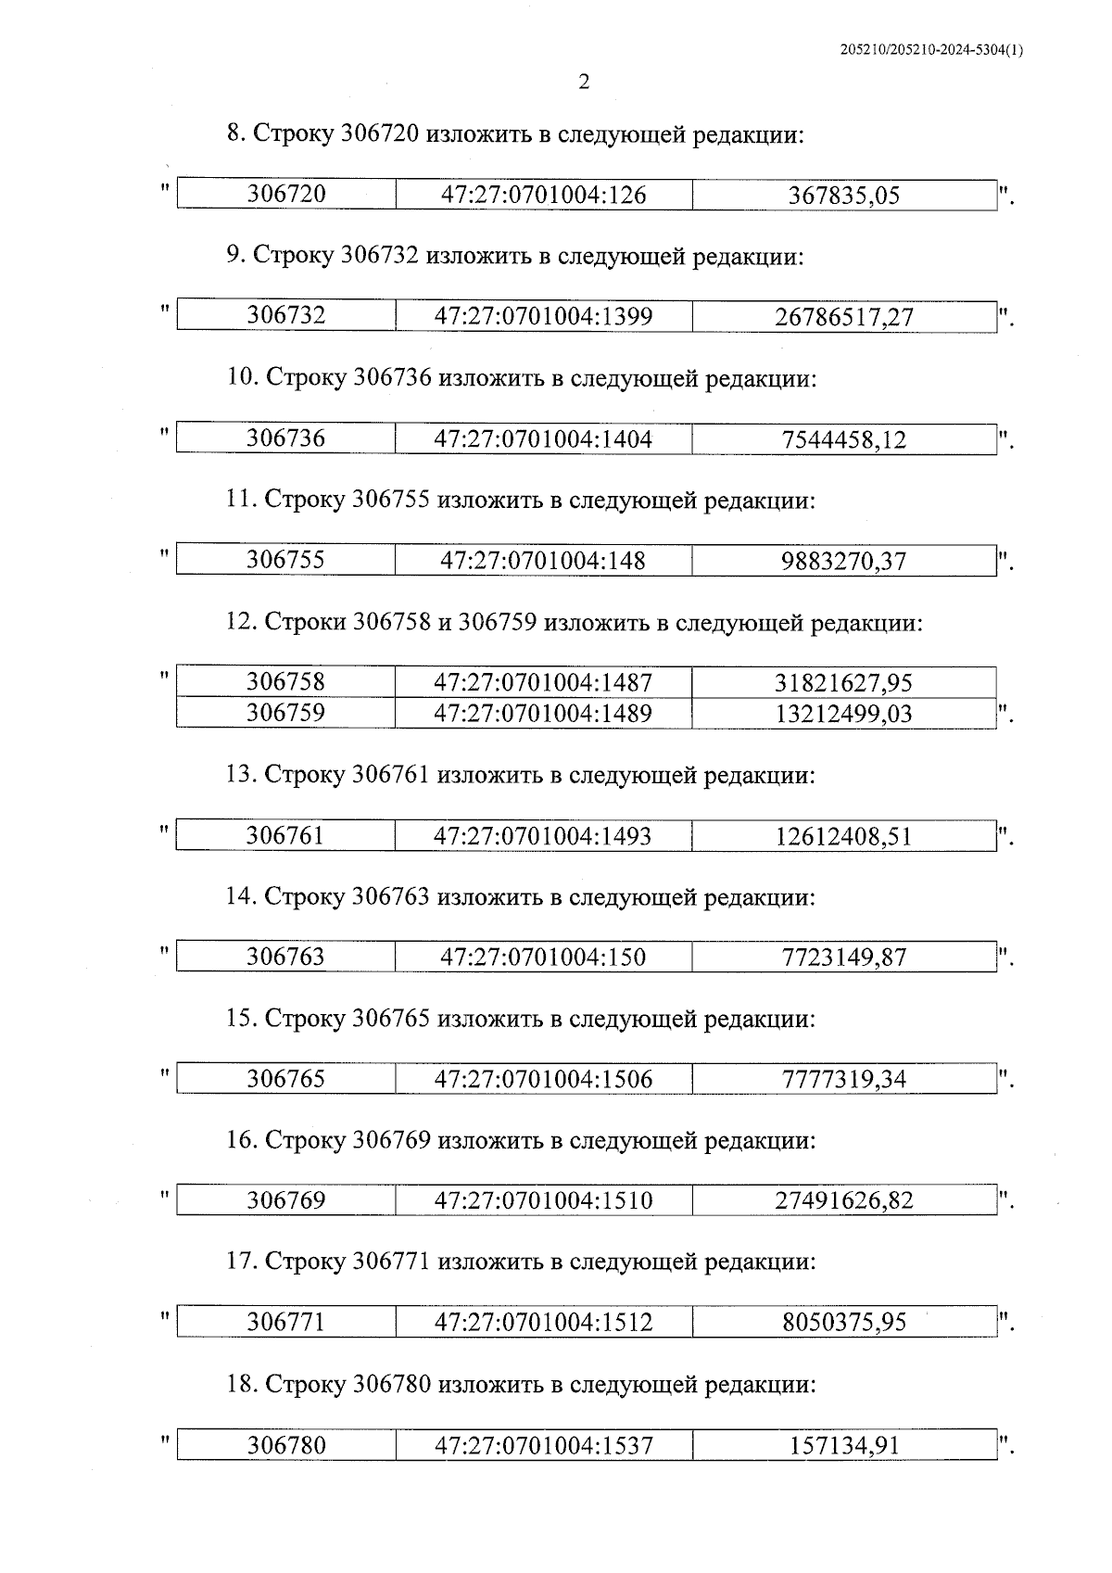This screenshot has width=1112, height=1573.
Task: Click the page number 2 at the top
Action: (584, 82)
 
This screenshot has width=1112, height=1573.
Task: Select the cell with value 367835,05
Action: (843, 196)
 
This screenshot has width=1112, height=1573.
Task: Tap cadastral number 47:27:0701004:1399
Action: (543, 316)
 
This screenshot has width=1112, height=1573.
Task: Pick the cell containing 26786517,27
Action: (843, 318)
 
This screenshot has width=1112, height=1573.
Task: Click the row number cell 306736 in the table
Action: (285, 438)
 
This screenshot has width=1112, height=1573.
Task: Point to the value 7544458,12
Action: (843, 439)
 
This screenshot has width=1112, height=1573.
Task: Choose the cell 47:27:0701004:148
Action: (543, 561)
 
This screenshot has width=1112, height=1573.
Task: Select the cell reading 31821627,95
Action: (843, 683)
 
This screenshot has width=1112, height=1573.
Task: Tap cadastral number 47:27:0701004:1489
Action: (543, 713)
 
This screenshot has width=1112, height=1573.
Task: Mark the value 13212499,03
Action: (843, 714)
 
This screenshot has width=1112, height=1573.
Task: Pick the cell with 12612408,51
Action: (843, 836)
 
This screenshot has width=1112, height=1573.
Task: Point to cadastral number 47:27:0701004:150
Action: (543, 957)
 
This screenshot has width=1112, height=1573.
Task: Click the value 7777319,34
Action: (843, 1079)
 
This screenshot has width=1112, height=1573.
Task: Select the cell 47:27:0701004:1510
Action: (543, 1200)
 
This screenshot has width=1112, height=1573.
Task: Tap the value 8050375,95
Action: (843, 1322)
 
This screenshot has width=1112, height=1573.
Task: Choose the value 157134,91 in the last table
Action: (843, 1445)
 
